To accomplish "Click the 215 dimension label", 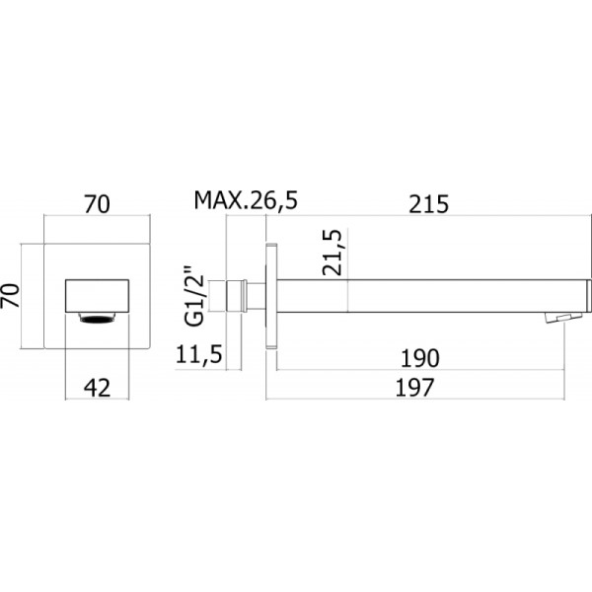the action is [x=429, y=204].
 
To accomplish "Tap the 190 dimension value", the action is [x=420, y=358].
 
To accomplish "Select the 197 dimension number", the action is [x=415, y=388].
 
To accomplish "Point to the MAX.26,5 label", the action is [x=246, y=201].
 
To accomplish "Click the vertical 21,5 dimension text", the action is [x=333, y=253].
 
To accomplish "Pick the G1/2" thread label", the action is [x=194, y=296].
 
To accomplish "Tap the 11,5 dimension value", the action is [x=198, y=354].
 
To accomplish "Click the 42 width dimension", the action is [x=97, y=388].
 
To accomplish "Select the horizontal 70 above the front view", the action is [x=97, y=204].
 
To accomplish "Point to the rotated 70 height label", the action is [x=11, y=296].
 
